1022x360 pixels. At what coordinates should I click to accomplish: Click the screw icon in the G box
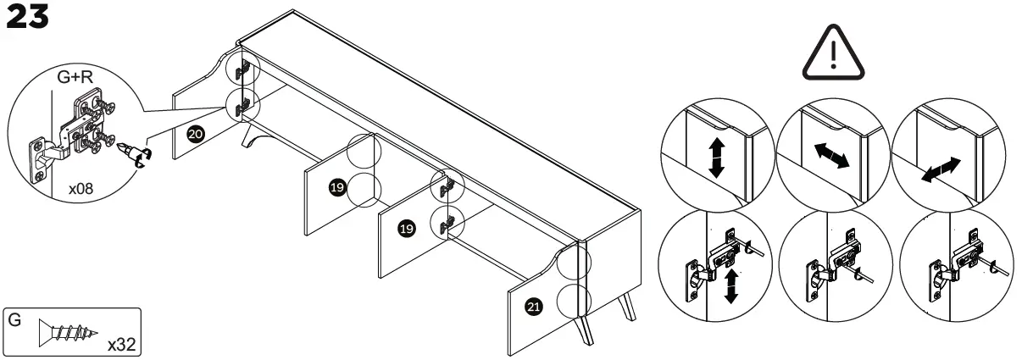(65, 334)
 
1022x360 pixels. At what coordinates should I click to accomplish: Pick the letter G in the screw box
(14, 322)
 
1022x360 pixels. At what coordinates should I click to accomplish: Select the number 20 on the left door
(194, 135)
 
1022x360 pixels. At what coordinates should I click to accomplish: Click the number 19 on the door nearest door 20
(336, 187)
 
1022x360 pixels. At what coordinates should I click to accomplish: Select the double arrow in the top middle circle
(830, 158)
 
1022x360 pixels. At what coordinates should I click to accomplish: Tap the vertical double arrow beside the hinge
(730, 285)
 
